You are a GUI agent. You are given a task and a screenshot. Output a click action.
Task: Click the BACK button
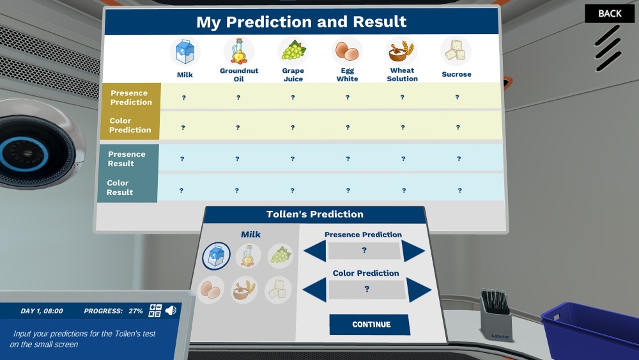coord(610,13)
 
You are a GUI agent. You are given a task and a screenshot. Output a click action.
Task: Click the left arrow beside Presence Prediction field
coord(315,250)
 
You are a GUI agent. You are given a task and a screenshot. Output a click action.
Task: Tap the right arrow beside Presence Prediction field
coord(413,251)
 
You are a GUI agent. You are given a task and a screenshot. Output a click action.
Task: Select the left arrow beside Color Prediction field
coord(314,290)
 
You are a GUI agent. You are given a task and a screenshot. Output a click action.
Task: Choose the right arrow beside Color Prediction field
coord(418,290)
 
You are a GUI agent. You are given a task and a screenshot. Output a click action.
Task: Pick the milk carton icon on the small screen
coord(217,256)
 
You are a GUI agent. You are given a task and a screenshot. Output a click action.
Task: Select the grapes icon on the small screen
coord(281,256)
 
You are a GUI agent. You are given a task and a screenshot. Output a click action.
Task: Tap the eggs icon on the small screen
coord(211,290)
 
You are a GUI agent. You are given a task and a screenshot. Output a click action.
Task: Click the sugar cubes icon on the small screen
coord(278,290)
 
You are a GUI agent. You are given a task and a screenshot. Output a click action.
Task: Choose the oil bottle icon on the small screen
coord(248,256)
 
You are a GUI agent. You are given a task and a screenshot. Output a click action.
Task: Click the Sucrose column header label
coord(456,74)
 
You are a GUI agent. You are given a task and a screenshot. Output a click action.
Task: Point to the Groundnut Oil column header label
coord(239,75)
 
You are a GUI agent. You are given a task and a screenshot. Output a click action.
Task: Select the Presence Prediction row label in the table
coord(131,97)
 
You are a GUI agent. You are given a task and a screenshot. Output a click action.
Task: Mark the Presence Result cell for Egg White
coord(348,159)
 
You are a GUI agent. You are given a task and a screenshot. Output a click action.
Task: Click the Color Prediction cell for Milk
coord(183,128)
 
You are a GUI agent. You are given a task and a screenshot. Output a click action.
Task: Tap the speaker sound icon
coord(171,310)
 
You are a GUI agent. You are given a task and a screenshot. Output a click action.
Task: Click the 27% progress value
coord(135,311)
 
